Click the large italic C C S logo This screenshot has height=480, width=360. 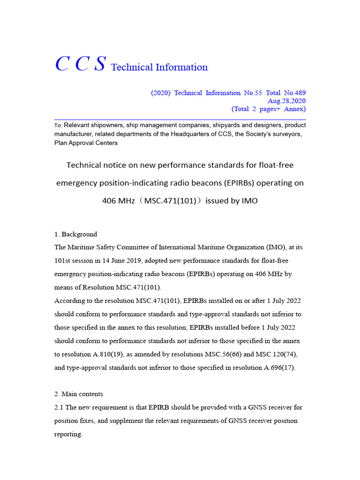tap(80, 65)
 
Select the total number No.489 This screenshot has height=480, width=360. tap(295, 93)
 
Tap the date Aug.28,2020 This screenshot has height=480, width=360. tap(286, 101)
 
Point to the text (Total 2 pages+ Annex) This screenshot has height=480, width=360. tap(269, 109)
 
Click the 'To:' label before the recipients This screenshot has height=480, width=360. tap(58, 126)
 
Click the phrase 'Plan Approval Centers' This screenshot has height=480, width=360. tap(86, 143)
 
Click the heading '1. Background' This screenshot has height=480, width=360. tap(76, 234)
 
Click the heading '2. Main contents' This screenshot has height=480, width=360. tap(79, 394)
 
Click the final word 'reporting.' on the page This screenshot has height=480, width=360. tap(68, 434)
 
